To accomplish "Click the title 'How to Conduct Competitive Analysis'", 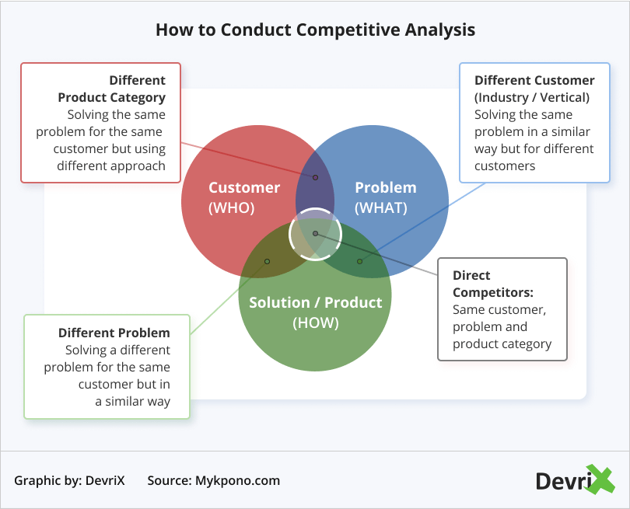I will (x=315, y=30).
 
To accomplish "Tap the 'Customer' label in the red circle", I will (x=244, y=187).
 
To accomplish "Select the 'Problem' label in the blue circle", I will (x=385, y=187).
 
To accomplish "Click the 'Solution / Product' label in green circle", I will (x=315, y=302).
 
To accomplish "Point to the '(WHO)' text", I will (x=231, y=207).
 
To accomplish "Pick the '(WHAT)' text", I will (x=380, y=207).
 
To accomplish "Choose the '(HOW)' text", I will (x=315, y=322).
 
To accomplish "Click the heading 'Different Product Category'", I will (x=112, y=89).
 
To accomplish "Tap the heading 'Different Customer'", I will (x=534, y=80).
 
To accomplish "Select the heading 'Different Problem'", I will (x=114, y=333).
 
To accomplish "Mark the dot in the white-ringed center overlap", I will (x=315, y=233).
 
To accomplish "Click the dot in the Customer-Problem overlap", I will (x=315, y=177).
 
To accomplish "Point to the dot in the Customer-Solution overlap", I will (x=267, y=261).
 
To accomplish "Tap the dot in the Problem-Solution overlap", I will (x=359, y=261).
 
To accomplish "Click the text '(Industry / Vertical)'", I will (x=531, y=97).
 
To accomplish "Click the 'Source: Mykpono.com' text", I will (x=213, y=480).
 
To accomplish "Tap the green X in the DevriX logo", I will (x=600, y=479).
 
